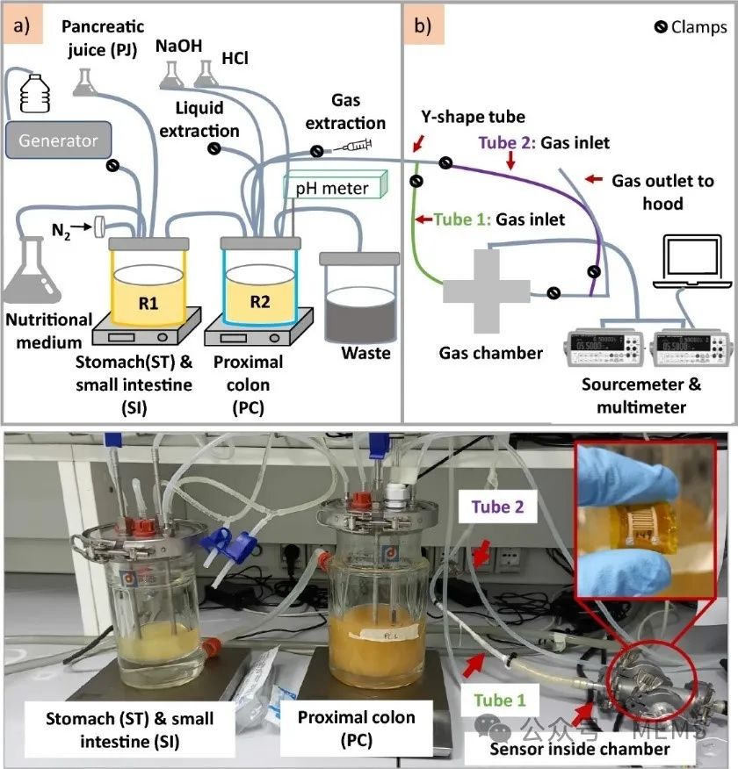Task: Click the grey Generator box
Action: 59,140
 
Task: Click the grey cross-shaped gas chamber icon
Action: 487,289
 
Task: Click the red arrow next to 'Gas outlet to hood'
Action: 595,180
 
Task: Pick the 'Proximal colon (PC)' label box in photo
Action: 356,729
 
